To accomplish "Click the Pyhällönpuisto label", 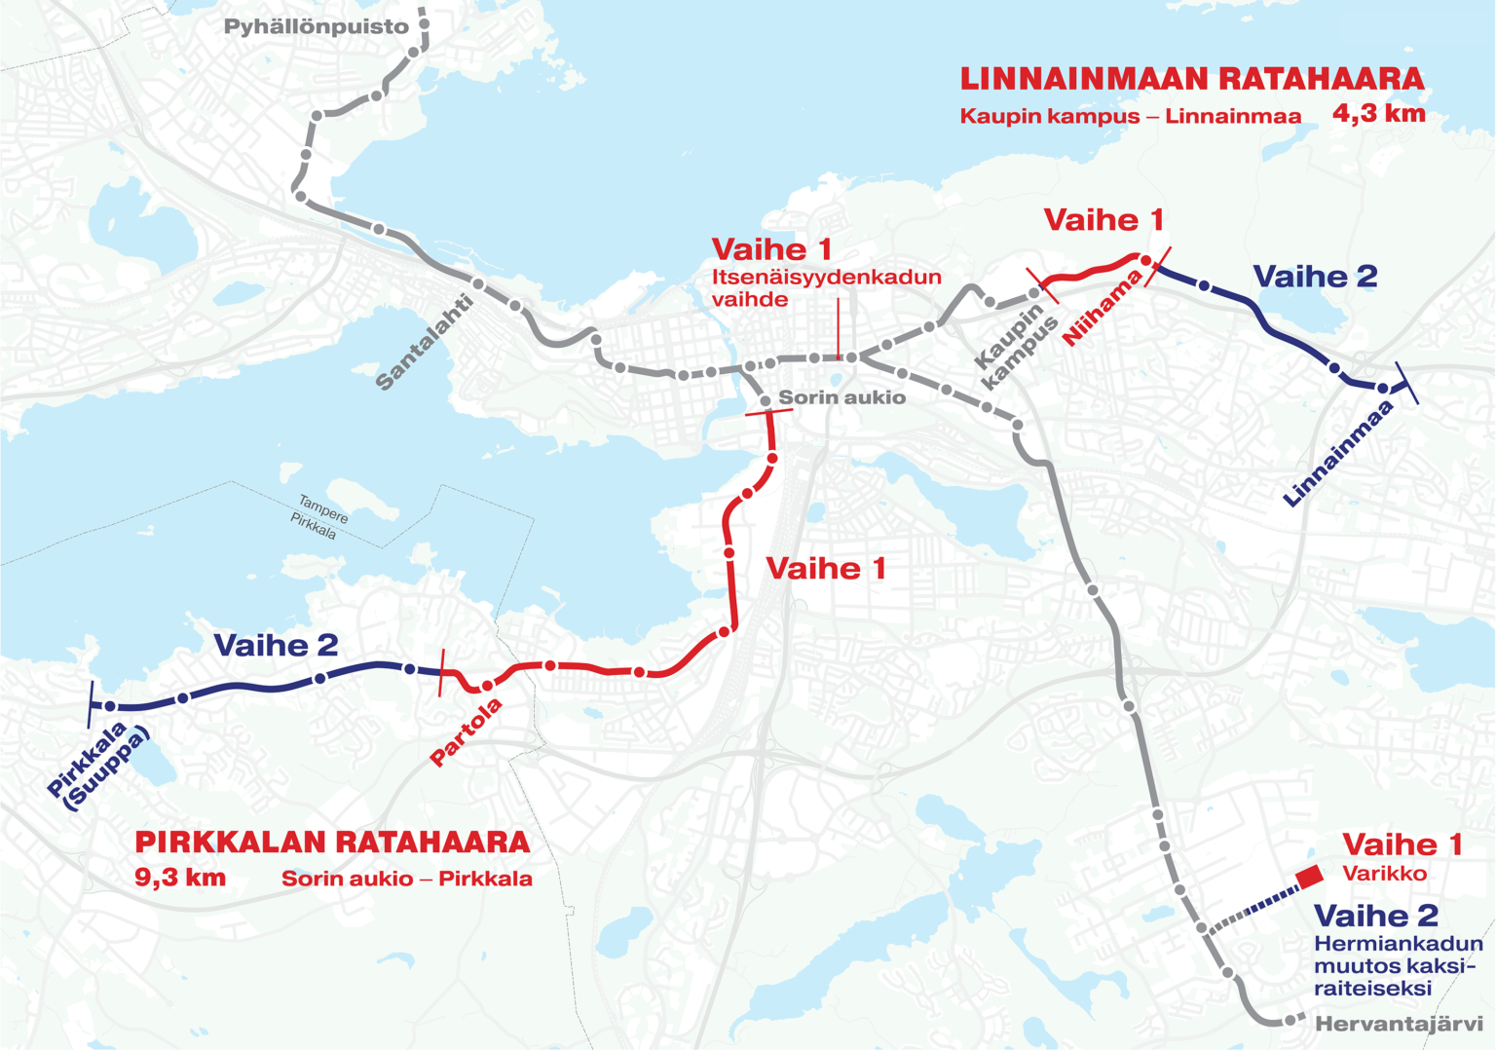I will pyautogui.click(x=316, y=27).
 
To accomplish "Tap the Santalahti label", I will pyautogui.click(x=425, y=342).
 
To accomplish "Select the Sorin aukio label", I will pyautogui.click(x=841, y=397).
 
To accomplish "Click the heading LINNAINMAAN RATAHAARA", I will pyautogui.click(x=1191, y=79).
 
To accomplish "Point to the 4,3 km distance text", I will pyautogui.click(x=1378, y=113).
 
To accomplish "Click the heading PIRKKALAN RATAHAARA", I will pyautogui.click(x=332, y=842).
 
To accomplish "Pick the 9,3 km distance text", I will pyautogui.click(x=180, y=878).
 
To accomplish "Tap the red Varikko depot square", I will pyautogui.click(x=1309, y=878).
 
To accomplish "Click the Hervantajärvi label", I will pyautogui.click(x=1399, y=1024).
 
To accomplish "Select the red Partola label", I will pyautogui.click(x=467, y=731).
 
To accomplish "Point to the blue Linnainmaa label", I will pyautogui.click(x=1338, y=454).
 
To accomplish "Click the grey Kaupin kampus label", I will pyautogui.click(x=1017, y=347).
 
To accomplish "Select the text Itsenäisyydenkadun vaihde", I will pyautogui.click(x=826, y=287).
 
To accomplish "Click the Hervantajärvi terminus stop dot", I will pyautogui.click(x=1290, y=1020).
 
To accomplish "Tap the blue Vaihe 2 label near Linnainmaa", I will pyautogui.click(x=1315, y=277).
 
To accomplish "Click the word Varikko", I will pyautogui.click(x=1384, y=874).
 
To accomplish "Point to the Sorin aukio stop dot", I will pyautogui.click(x=766, y=400).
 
